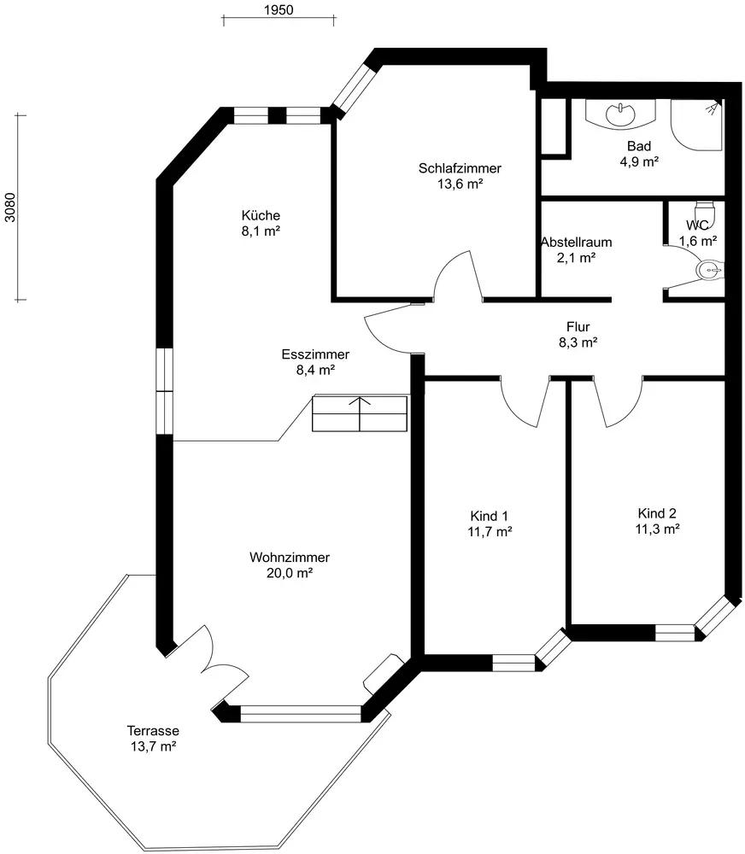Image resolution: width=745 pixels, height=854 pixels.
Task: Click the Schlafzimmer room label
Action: pos(460,168)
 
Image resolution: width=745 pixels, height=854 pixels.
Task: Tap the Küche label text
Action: pos(261,215)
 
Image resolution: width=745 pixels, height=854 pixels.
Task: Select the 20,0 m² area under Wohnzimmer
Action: pos(290,573)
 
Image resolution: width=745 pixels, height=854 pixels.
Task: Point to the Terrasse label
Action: pos(152,731)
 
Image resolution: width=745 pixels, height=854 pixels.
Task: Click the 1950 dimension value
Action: pos(278,10)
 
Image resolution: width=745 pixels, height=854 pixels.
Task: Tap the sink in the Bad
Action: pos(618,113)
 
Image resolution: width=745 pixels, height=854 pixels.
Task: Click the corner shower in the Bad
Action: pos(696,125)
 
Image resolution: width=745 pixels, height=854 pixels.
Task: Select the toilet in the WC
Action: pos(704,210)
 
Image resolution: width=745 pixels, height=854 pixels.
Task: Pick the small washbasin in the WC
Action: pos(709,271)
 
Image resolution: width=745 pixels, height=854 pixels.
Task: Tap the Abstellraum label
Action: pos(576,242)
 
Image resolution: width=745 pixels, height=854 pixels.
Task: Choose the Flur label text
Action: pos(578,326)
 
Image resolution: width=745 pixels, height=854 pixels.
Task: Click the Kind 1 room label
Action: pos(490,516)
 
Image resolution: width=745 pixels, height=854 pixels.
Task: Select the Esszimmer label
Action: pos(315,354)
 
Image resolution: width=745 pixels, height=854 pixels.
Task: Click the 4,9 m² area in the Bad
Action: pos(638,161)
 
